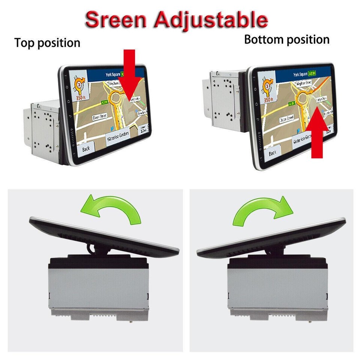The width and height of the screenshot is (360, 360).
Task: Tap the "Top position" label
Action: [47, 43]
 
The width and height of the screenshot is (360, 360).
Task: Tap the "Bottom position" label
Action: [286, 39]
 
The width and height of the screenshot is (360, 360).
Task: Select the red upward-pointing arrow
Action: [319, 131]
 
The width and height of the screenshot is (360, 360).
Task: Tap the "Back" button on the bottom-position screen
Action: [273, 153]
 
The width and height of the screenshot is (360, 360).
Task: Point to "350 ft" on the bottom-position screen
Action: [268, 100]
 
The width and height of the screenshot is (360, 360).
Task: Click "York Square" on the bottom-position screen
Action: [300, 74]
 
